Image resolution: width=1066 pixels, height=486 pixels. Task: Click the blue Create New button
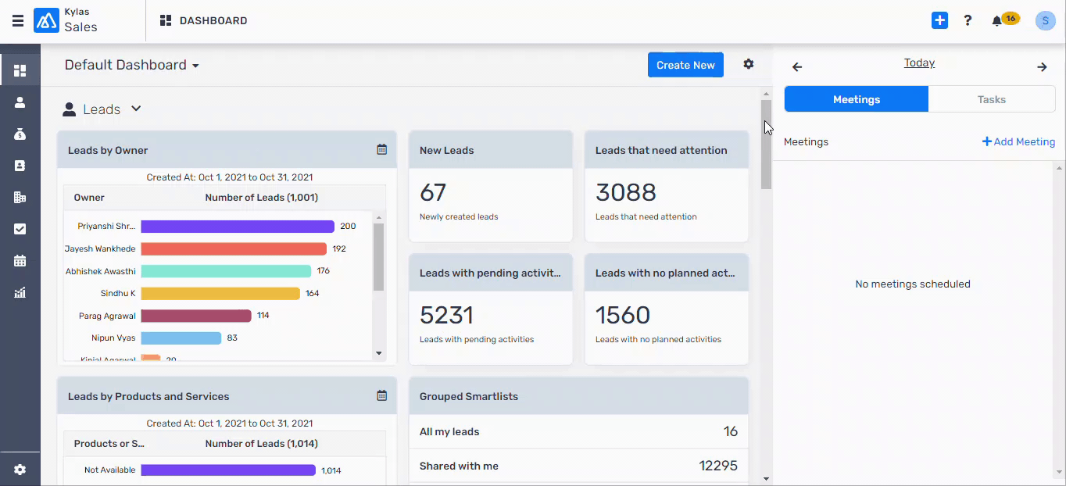click(685, 65)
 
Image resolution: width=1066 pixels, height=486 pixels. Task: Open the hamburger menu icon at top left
click(17, 21)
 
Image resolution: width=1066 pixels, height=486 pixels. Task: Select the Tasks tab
click(991, 99)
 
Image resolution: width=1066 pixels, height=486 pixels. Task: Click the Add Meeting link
click(1018, 141)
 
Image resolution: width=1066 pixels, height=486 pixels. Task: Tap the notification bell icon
click(996, 21)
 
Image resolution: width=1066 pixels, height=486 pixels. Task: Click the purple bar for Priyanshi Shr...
click(238, 227)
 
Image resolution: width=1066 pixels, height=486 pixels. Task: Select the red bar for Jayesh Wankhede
click(234, 248)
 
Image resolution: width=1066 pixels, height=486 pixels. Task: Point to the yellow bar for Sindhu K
click(220, 294)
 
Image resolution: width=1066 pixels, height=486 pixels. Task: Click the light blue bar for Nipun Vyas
click(181, 338)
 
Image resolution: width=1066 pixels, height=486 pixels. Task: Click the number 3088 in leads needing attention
click(625, 192)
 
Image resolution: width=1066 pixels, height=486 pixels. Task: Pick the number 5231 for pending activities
click(446, 315)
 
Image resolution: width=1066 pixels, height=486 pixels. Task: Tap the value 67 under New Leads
click(432, 192)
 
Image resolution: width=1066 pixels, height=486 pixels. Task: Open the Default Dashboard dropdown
click(131, 65)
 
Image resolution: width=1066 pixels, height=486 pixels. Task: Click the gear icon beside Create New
click(749, 64)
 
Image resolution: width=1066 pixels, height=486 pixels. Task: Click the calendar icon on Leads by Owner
click(381, 149)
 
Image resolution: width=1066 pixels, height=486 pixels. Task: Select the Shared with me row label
click(459, 466)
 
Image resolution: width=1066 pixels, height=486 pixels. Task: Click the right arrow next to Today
click(1042, 67)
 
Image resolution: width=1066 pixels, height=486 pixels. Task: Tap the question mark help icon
click(968, 21)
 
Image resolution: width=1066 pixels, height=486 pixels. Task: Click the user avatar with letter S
click(1045, 21)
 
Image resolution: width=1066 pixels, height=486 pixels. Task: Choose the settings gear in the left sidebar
click(20, 470)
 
